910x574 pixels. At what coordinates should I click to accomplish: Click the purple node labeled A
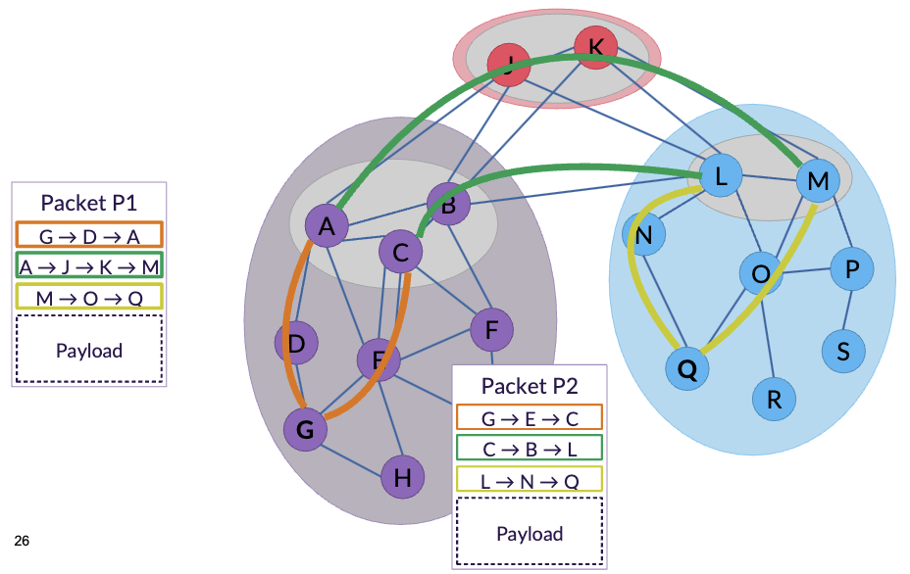[328, 227]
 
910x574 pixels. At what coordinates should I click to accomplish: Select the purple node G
[305, 429]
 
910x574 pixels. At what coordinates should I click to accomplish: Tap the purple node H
[402, 478]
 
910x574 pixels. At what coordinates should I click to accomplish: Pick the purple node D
[296, 343]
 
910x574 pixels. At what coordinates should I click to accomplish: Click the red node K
[595, 46]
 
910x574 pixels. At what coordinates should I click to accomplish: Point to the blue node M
[818, 181]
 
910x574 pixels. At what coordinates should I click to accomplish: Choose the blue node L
[721, 177]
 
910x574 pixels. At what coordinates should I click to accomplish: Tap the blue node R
[774, 399]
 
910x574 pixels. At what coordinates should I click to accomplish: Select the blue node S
[843, 349]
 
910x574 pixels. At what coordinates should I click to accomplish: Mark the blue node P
[851, 269]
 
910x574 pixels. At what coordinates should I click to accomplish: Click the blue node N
[644, 235]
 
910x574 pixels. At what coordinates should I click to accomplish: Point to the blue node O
[760, 273]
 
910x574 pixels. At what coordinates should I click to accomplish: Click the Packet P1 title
[88, 203]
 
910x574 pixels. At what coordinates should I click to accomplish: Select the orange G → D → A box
[89, 235]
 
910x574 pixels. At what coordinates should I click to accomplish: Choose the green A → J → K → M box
[89, 265]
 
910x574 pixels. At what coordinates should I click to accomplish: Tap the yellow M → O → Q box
[89, 296]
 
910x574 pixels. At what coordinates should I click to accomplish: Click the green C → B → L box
[530, 449]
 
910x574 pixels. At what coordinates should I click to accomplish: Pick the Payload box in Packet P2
[530, 533]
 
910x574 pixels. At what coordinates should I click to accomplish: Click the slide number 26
[23, 541]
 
